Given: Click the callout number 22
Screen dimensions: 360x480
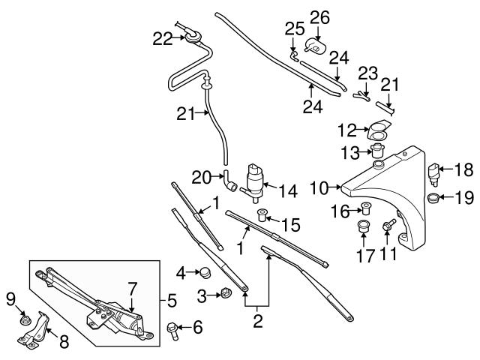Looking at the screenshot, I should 163,39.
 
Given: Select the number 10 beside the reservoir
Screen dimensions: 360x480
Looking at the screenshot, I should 320,187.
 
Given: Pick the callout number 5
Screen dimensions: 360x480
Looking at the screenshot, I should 172,302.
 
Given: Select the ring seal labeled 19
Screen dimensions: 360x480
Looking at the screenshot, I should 434,199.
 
